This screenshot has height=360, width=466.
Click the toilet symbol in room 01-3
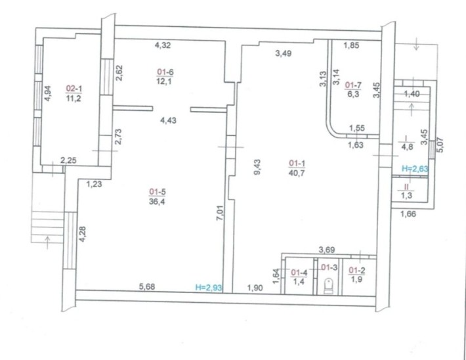[328, 286]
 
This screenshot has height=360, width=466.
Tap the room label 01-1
[297, 164]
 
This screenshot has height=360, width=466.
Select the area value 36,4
[158, 202]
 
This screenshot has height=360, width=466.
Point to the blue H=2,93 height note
[209, 287]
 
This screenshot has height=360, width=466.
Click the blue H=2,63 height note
[415, 169]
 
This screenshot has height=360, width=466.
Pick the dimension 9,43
[257, 167]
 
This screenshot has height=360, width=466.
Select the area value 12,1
[164, 81]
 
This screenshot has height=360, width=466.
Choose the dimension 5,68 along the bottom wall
[147, 286]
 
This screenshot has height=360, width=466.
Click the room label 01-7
[353, 85]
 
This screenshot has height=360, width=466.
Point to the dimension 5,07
[440, 145]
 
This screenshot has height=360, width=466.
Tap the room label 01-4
[299, 272]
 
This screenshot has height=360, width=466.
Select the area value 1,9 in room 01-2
[356, 279]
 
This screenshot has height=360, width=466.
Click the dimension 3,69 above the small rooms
[327, 250]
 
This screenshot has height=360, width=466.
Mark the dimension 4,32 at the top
[163, 45]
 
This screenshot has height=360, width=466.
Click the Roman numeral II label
[406, 187]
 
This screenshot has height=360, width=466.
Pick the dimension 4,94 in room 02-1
[47, 93]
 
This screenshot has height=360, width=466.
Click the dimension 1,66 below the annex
[408, 214]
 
